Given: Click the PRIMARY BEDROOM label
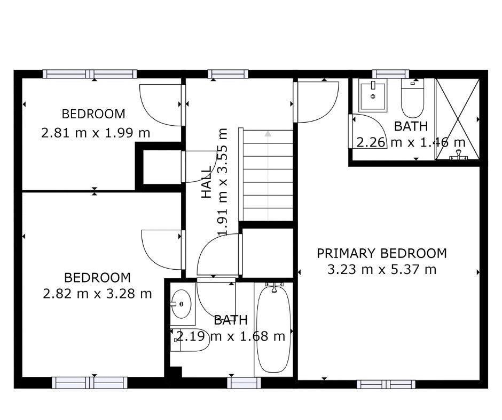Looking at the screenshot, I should click(x=381, y=253).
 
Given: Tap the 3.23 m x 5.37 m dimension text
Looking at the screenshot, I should click(x=381, y=270).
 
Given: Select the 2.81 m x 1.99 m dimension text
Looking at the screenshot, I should click(x=96, y=133).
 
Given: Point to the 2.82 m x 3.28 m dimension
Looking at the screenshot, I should click(x=97, y=294).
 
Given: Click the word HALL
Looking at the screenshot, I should click(x=207, y=182).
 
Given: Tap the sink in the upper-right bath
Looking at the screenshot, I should click(x=373, y=96).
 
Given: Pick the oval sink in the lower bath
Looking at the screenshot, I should click(x=182, y=304).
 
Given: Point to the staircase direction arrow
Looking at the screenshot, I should click(x=268, y=134).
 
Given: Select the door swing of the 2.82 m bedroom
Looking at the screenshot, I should click(x=161, y=249).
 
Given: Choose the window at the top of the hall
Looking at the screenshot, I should click(x=228, y=74).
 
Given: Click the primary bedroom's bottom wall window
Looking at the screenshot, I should click(x=386, y=384).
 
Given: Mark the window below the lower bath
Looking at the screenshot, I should click(x=244, y=382).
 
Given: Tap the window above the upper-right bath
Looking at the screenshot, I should click(x=390, y=74).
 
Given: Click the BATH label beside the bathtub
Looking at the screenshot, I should click(x=231, y=320).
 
